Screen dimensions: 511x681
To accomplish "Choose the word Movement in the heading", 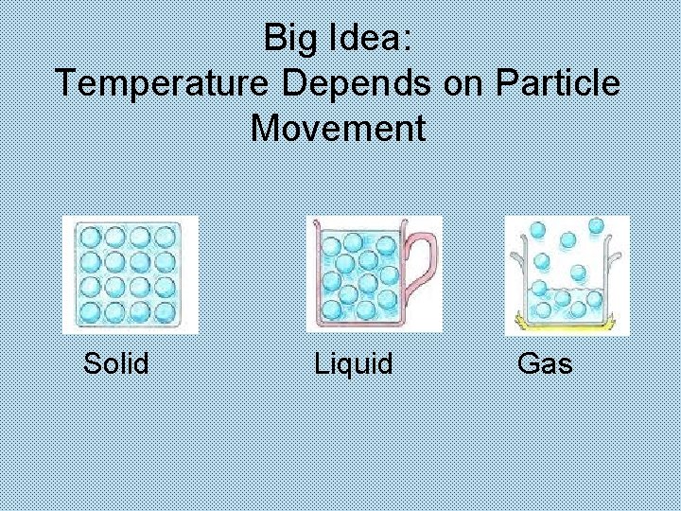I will pyautogui.click(x=339, y=127).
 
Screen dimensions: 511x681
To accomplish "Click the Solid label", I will pyautogui.click(x=116, y=362).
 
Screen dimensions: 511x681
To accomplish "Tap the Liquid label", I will pyautogui.click(x=353, y=362).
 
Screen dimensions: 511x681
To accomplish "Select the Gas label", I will pyautogui.click(x=545, y=362).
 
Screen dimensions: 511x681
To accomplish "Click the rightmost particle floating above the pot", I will pyautogui.click(x=596, y=226).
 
